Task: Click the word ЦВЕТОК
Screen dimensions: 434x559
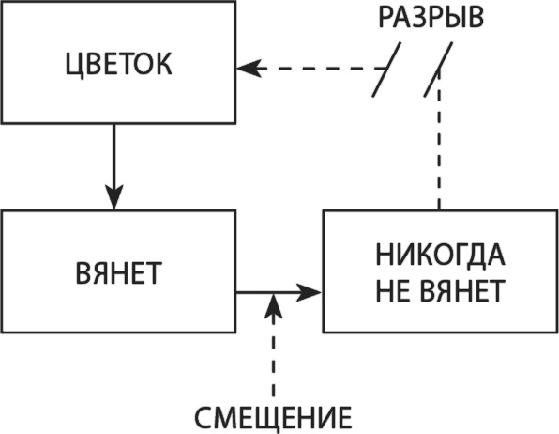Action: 117,68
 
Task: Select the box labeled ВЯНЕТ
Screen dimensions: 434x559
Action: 117,272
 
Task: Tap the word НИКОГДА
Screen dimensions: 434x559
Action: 440,256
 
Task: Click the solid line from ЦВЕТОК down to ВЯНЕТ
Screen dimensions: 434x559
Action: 114,155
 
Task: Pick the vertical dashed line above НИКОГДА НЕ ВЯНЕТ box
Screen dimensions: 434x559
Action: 437,150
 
